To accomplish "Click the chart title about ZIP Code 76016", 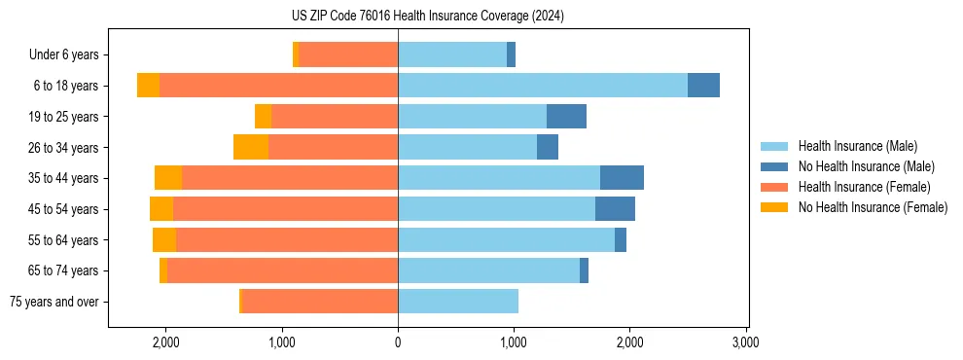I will point(427,17).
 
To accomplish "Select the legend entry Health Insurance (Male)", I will point(857,146).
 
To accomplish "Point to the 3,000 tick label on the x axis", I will point(745,342).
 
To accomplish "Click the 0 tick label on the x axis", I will point(398,342).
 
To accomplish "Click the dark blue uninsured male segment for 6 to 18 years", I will point(703,86).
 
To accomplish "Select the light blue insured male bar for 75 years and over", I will point(458,302).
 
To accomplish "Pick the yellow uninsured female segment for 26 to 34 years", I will point(251,147).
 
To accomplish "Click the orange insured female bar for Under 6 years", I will point(348,55).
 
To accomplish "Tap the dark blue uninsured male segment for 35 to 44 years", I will point(622,178).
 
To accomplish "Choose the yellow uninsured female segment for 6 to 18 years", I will point(148,86).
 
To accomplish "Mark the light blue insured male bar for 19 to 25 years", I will point(472,117).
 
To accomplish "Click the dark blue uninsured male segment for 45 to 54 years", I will point(615,209).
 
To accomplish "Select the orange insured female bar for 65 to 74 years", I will point(282,270).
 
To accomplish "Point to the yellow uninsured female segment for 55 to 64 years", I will point(164,240).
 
